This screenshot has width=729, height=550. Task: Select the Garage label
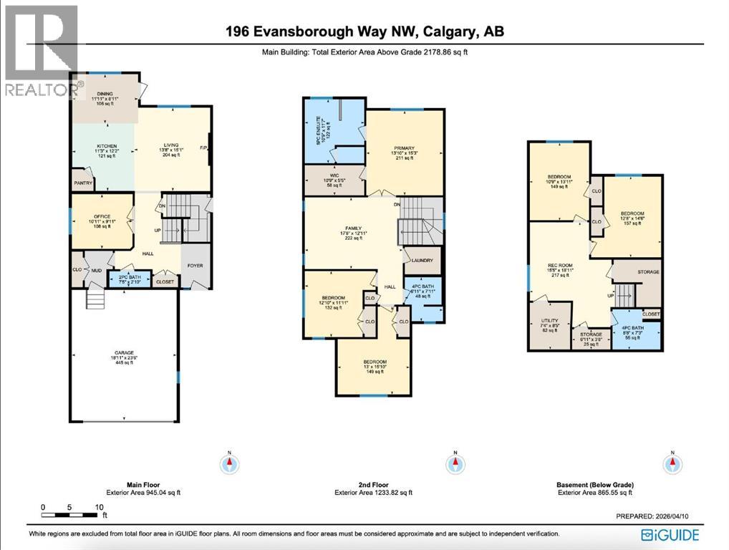[124, 352]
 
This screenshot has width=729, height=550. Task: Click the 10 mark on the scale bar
[99, 507]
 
